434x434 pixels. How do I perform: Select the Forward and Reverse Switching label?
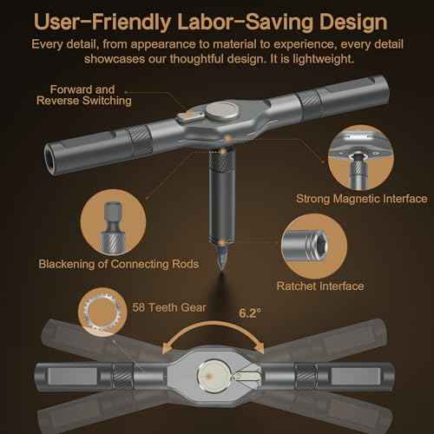click(83, 95)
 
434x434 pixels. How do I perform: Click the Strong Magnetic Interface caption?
click(362, 199)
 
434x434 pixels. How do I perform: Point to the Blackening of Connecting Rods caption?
click(119, 264)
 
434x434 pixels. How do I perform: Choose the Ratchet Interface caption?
click(320, 286)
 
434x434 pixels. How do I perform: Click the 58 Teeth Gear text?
click(169, 307)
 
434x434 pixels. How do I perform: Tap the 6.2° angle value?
click(250, 313)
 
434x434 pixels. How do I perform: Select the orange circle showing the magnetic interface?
click(361, 158)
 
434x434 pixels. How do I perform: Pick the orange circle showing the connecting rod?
click(113, 222)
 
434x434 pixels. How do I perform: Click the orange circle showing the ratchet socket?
click(314, 247)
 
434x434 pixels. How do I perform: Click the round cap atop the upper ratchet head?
click(221, 110)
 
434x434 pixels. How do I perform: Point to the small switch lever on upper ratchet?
click(189, 115)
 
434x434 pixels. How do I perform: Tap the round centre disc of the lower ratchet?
click(214, 376)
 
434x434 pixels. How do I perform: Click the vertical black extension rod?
click(222, 197)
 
